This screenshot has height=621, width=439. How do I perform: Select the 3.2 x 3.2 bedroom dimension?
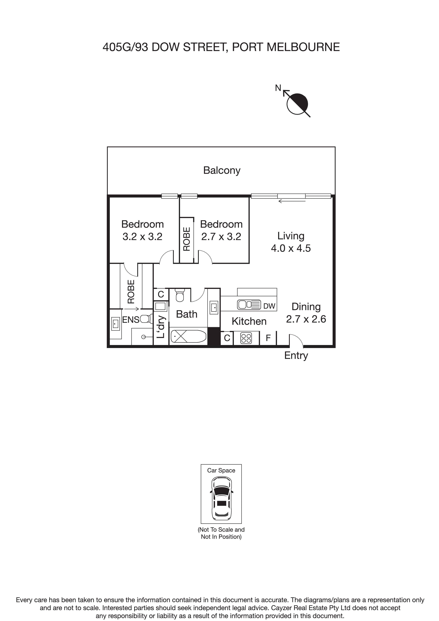[x=142, y=237]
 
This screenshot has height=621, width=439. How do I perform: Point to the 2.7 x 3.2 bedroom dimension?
[x=221, y=237]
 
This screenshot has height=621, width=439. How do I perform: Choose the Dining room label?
[x=306, y=307]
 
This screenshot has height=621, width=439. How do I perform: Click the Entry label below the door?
[x=296, y=355]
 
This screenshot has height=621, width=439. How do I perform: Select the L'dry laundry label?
[x=161, y=327]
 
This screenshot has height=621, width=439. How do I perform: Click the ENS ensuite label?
[x=130, y=320]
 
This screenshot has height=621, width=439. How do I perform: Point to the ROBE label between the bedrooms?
[x=187, y=239]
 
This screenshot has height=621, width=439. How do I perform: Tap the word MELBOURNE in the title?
[x=303, y=47]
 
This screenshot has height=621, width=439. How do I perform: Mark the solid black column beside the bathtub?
[x=214, y=336]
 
